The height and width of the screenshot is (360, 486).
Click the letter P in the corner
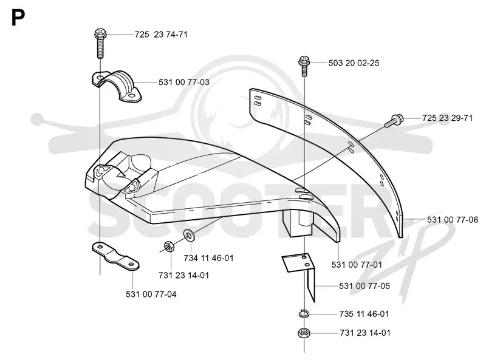pyautogui.click(x=18, y=18)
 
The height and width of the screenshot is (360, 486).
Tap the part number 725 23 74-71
pyautogui.click(x=161, y=35)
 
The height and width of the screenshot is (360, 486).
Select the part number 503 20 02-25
pyautogui.click(x=354, y=63)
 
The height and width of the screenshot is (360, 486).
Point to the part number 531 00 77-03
pyautogui.click(x=184, y=82)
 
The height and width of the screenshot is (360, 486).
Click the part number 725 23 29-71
pyautogui.click(x=447, y=118)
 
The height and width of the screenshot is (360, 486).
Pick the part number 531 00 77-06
pyautogui.click(x=453, y=220)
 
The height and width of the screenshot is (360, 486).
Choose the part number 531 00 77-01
pyautogui.click(x=357, y=265)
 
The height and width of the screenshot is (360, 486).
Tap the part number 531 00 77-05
pyautogui.click(x=364, y=286)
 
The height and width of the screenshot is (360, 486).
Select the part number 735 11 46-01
pyautogui.click(x=364, y=314)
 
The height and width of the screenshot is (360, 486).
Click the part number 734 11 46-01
pyautogui.click(x=208, y=258)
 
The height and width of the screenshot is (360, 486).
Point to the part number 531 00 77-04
pyautogui.click(x=151, y=294)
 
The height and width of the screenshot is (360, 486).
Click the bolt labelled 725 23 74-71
pyautogui.click(x=100, y=43)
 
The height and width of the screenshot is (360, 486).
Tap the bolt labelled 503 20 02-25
pyautogui.click(x=304, y=66)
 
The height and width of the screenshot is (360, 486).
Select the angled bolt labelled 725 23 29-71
pyautogui.click(x=394, y=121)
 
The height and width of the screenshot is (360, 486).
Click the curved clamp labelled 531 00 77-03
pyautogui.click(x=117, y=86)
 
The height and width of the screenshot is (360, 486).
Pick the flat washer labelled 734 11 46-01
pyautogui.click(x=188, y=235)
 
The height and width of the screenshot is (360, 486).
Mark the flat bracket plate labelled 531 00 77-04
pyautogui.click(x=115, y=257)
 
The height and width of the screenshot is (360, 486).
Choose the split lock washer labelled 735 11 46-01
pyautogui.click(x=304, y=314)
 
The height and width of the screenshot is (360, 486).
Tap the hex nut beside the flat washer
pyautogui.click(x=169, y=246)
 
